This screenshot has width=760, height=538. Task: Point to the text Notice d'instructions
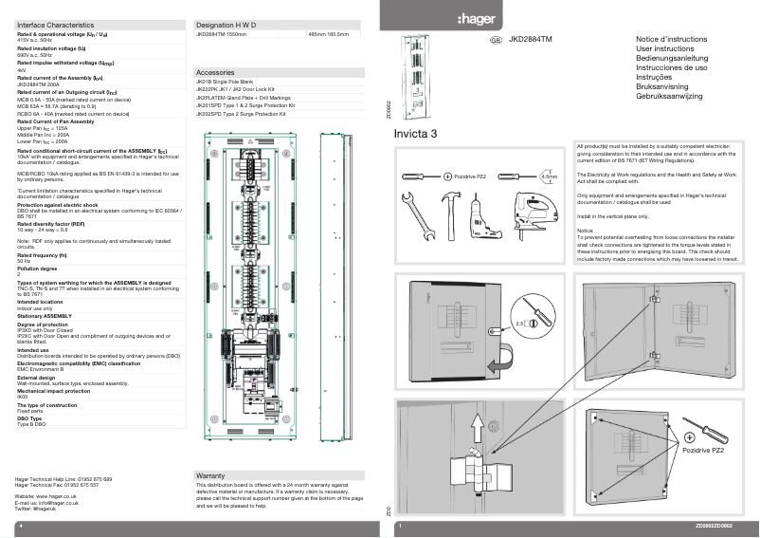671,39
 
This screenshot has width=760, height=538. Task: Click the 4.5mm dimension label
549,176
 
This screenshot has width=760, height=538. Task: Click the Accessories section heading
214,72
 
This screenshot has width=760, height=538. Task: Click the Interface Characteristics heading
55,22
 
